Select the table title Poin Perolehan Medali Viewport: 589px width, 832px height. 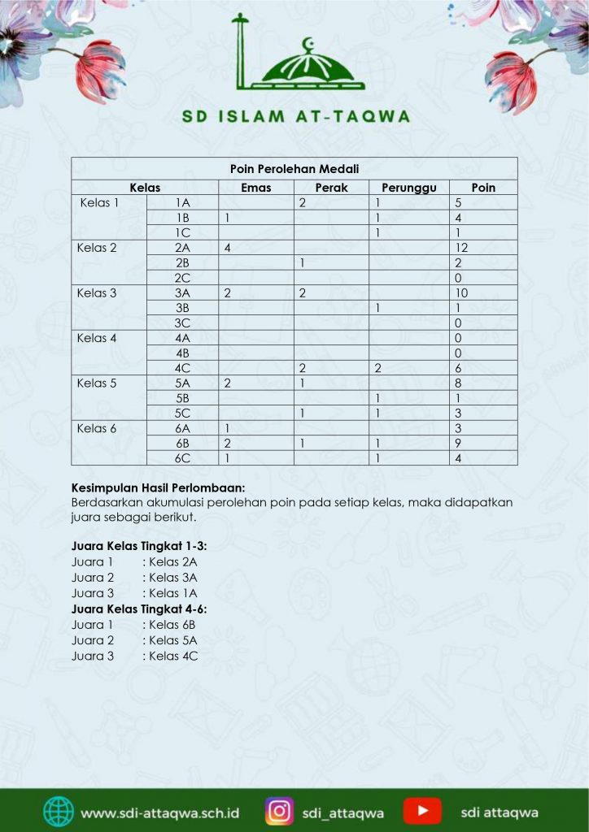pos(295,169)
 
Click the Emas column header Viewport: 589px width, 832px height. pos(256,188)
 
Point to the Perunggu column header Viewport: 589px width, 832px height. pos(409,188)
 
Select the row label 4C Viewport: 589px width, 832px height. pos(183,368)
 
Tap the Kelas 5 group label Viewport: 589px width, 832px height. pos(97,383)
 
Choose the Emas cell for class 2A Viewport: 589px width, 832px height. pos(229,248)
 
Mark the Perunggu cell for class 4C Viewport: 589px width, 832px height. pos(378,368)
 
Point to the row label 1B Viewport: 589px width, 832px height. pos(183,218)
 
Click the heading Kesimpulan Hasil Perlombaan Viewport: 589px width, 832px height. pos(158,488)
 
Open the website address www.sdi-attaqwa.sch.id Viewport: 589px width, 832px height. pos(160,812)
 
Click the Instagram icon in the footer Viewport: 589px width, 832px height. pos(279,811)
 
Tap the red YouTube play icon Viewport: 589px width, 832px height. pos(422,811)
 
